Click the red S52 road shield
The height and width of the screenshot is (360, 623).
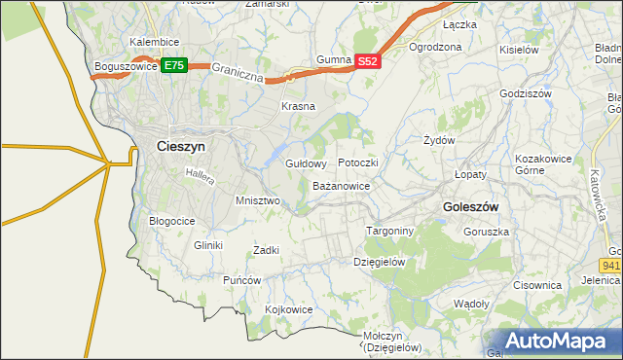pos(366,60)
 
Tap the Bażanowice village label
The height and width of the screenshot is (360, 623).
pos(341,185)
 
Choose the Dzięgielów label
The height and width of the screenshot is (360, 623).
pos(379,262)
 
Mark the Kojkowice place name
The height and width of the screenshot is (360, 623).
pos(288,309)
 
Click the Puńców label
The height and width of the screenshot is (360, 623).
pos(242,280)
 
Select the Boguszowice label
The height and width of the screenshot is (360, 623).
pos(126,66)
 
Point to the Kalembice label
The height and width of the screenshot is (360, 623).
pos(154,43)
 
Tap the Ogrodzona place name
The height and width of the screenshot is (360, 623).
pos(434,47)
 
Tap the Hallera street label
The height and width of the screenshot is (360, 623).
pos(200,174)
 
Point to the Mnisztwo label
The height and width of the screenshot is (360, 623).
pos(258,200)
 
